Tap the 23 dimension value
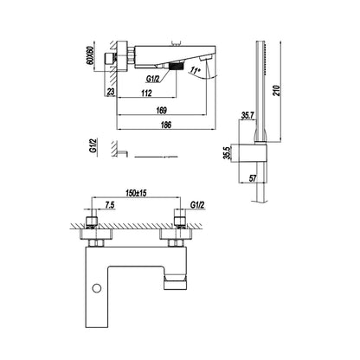(x=111, y=92)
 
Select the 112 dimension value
(x=147, y=93)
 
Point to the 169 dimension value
(x=162, y=110)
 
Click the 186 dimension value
(x=166, y=125)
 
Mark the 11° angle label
(x=196, y=70)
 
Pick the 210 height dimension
(x=276, y=90)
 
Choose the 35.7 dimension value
(x=247, y=116)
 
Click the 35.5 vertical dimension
(x=228, y=152)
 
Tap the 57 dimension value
(x=253, y=178)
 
